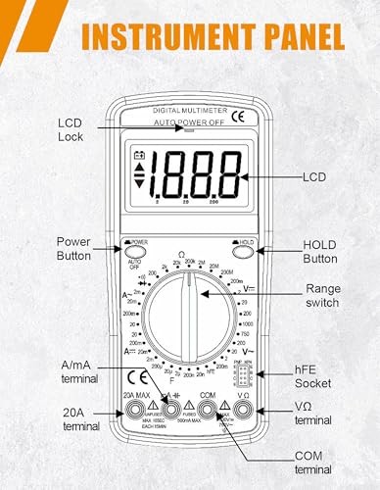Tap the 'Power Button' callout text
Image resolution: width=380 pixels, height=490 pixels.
pyautogui.click(x=74, y=250)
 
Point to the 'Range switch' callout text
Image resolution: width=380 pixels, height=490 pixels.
pyautogui.click(x=322, y=296)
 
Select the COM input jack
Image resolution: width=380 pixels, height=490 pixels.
pyautogui.click(x=207, y=411)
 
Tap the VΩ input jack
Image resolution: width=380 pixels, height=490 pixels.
pyautogui.click(x=244, y=411)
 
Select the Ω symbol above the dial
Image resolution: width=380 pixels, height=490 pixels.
pyautogui.click(x=180, y=254)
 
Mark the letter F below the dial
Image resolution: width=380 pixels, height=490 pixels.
pyautogui.click(x=172, y=380)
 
